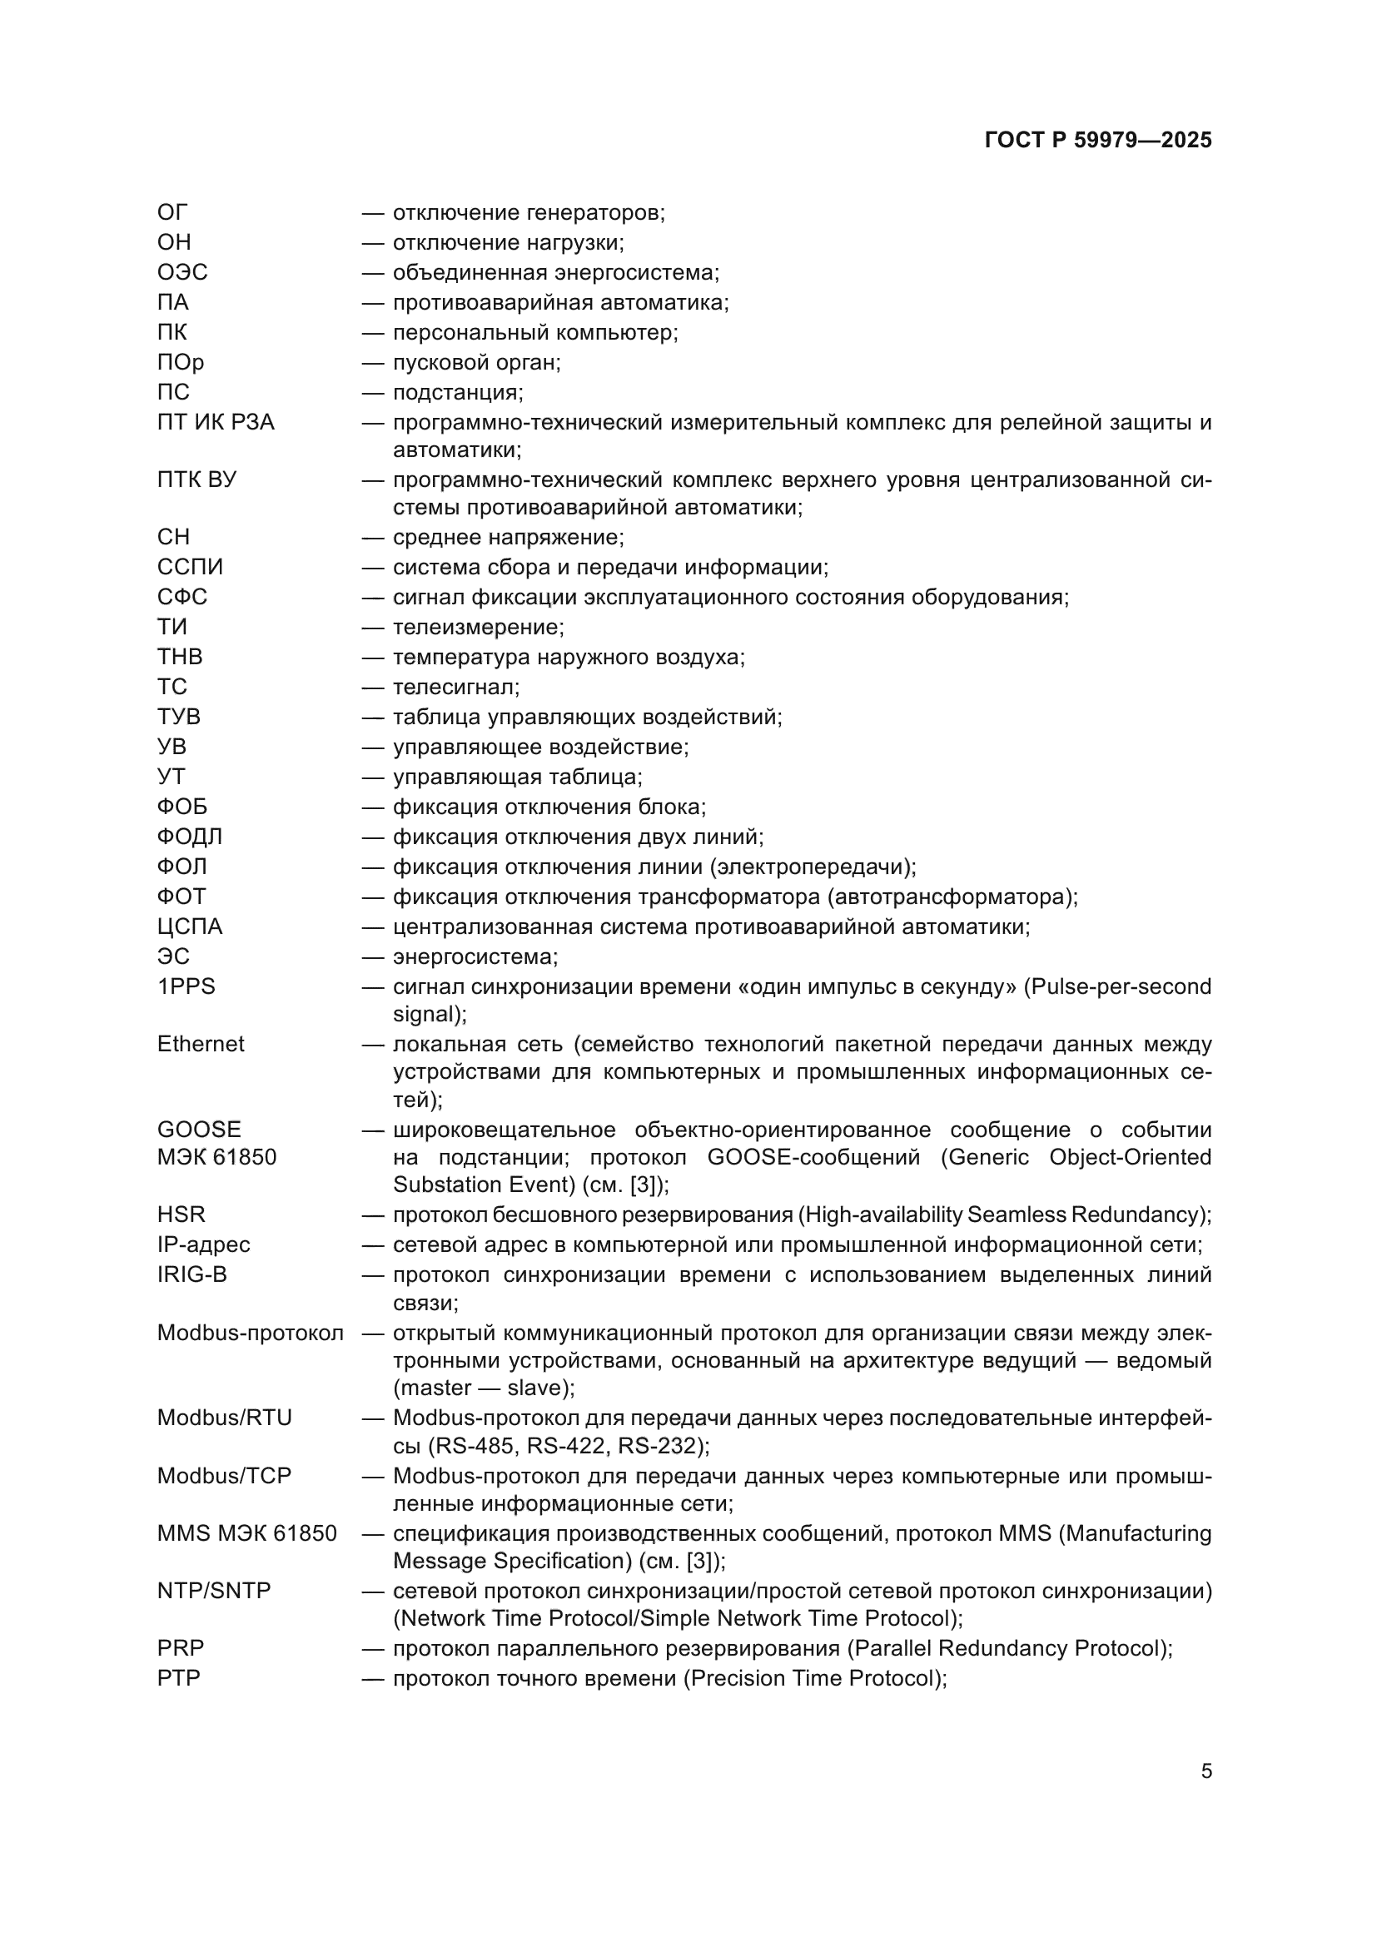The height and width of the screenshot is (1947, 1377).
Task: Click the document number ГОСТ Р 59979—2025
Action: pyautogui.click(x=1098, y=140)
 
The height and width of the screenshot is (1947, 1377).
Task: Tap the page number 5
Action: pyautogui.click(x=1205, y=1771)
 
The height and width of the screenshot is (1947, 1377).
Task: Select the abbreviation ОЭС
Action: pyautogui.click(x=182, y=272)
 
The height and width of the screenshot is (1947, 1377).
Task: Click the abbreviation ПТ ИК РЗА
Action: pyautogui.click(x=216, y=421)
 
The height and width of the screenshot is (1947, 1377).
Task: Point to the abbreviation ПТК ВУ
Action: pyautogui.click(x=196, y=479)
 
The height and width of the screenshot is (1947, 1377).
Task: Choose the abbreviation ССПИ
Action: pyautogui.click(x=190, y=567)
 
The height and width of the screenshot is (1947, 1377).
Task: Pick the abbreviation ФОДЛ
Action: pyautogui.click(x=189, y=836)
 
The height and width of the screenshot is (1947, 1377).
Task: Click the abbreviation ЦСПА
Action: pyautogui.click(x=189, y=926)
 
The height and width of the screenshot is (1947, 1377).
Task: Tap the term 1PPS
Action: pyautogui.click(x=186, y=986)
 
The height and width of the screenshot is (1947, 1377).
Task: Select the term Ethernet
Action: pyautogui.click(x=200, y=1044)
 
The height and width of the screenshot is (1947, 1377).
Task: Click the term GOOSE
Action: pyautogui.click(x=199, y=1130)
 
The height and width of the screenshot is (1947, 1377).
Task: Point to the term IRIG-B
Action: pyautogui.click(x=191, y=1274)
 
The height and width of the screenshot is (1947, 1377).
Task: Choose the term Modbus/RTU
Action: pyautogui.click(x=224, y=1418)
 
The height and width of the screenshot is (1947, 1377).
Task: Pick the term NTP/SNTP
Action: pyautogui.click(x=214, y=1591)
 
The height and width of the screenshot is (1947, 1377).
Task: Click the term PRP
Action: pyautogui.click(x=181, y=1648)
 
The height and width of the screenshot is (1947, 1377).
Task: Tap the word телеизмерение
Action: pyautogui.click(x=477, y=628)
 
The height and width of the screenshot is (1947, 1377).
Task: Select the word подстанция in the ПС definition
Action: pyautogui.click(x=457, y=393)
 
